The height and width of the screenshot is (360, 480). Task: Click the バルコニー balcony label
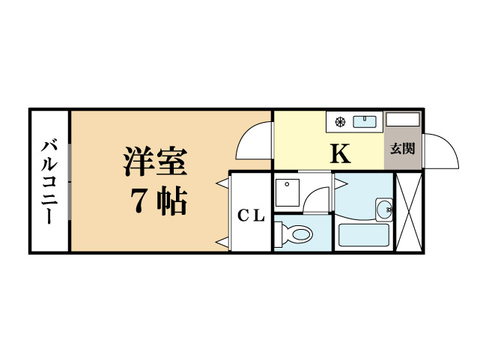point(49,183)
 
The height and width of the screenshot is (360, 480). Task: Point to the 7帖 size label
point(159,201)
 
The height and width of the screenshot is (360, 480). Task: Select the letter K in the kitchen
point(340,153)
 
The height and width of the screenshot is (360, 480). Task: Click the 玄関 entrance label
point(403,149)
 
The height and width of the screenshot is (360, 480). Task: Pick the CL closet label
point(251,216)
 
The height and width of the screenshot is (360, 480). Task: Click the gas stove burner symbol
point(340,122)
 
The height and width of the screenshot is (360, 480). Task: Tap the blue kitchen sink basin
point(365,121)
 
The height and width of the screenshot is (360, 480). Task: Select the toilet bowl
point(302,234)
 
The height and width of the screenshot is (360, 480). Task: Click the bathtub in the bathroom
point(364,235)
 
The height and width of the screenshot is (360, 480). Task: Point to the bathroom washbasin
point(384,210)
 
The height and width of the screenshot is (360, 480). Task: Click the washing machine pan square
point(287,192)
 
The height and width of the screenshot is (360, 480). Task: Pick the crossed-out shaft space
point(409,212)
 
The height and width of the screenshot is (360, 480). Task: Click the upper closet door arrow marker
point(222,183)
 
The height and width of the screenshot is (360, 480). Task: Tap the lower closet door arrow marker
point(222,242)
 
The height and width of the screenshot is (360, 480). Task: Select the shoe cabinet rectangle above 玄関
point(403,119)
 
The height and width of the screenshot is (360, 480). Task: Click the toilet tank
point(278,234)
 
